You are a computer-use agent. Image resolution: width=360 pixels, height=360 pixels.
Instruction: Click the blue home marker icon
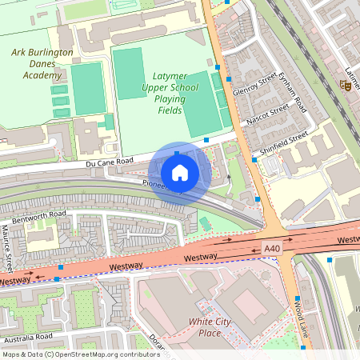click(180, 171)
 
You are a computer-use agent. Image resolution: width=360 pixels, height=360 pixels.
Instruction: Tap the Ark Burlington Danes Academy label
click(42, 64)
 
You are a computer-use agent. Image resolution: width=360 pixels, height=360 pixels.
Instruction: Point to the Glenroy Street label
click(255, 84)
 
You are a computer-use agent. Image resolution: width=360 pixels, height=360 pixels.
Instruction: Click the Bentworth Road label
click(39, 214)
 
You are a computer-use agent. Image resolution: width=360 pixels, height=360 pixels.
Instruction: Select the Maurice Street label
click(7, 248)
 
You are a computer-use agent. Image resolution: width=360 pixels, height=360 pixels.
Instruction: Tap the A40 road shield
click(273, 250)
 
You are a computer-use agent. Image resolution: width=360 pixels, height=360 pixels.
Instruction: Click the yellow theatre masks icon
click(348, 86)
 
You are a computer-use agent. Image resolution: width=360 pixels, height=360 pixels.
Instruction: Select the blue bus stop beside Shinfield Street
click(254, 160)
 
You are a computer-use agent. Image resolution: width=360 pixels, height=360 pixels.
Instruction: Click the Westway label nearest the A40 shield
click(201, 257)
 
